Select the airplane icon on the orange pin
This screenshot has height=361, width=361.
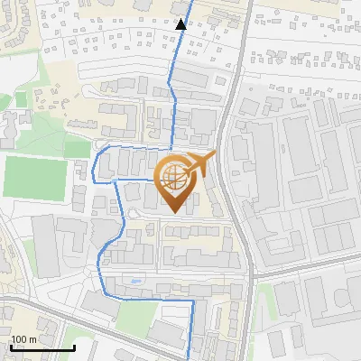click(198, 163)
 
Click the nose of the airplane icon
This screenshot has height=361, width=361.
click(215, 156)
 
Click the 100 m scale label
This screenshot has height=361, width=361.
click(23, 339)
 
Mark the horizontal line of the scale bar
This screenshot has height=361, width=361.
click(42, 347)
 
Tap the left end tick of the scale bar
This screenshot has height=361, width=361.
click(11, 345)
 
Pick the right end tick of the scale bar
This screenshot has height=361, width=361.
click(73, 345)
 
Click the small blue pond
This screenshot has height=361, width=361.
click(135, 282)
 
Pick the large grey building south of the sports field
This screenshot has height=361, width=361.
click(50, 240)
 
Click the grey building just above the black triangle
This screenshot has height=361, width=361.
click(180, 7)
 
